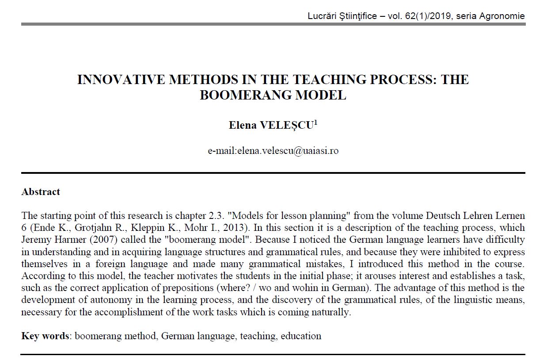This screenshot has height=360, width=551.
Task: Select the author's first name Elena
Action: pyautogui.click(x=243, y=125)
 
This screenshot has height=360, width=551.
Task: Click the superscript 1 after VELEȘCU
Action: pyautogui.click(x=315, y=122)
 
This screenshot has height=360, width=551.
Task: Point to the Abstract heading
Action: pyautogui.click(x=41, y=192)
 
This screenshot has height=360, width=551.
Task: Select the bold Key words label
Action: pyautogui.click(x=45, y=336)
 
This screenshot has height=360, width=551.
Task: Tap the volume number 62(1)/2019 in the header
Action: pyautogui.click(x=427, y=16)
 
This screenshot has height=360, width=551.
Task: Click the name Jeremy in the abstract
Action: pyautogui.click(x=35, y=240)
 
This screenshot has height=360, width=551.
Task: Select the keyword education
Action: pyautogui.click(x=301, y=336)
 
